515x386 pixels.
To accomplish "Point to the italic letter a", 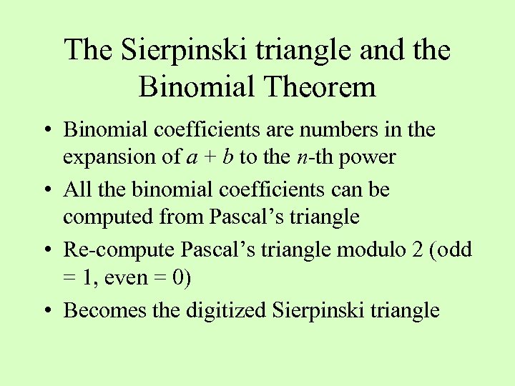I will [191, 157].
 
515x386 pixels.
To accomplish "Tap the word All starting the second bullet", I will [77, 189].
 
